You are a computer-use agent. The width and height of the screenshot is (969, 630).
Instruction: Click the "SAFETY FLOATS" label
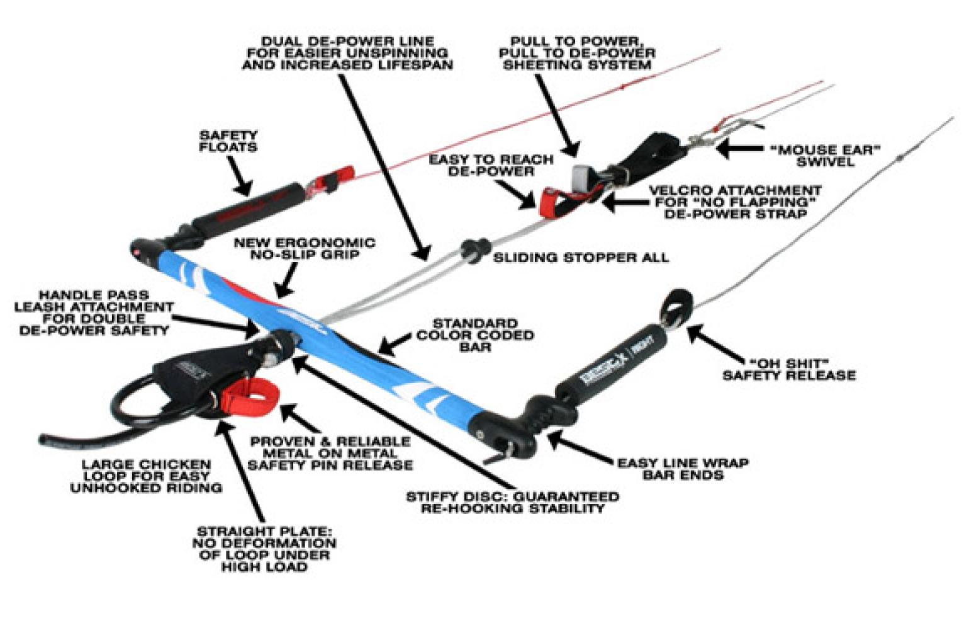coord(228,141)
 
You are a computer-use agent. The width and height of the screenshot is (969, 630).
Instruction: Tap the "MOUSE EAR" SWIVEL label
coord(825,156)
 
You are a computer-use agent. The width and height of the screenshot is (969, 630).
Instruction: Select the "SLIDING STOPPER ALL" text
coord(580,258)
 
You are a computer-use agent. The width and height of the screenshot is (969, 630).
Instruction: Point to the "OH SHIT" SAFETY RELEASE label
coord(789,369)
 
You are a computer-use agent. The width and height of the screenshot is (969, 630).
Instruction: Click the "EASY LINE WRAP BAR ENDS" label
coord(683,469)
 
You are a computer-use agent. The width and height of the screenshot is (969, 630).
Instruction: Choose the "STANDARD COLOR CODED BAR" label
coord(475,335)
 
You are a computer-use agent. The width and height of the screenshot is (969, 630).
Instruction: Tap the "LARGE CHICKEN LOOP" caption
coord(146,476)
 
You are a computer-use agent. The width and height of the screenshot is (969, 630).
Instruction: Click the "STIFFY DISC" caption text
coord(512,502)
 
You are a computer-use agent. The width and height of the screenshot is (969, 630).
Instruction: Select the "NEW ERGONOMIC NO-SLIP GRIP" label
coord(305,248)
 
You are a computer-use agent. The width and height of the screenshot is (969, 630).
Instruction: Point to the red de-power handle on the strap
coord(552,202)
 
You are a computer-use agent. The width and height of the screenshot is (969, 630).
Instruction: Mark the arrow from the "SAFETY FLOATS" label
coord(240,176)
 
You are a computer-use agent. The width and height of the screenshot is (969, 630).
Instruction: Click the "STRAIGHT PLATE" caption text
coord(264,549)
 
